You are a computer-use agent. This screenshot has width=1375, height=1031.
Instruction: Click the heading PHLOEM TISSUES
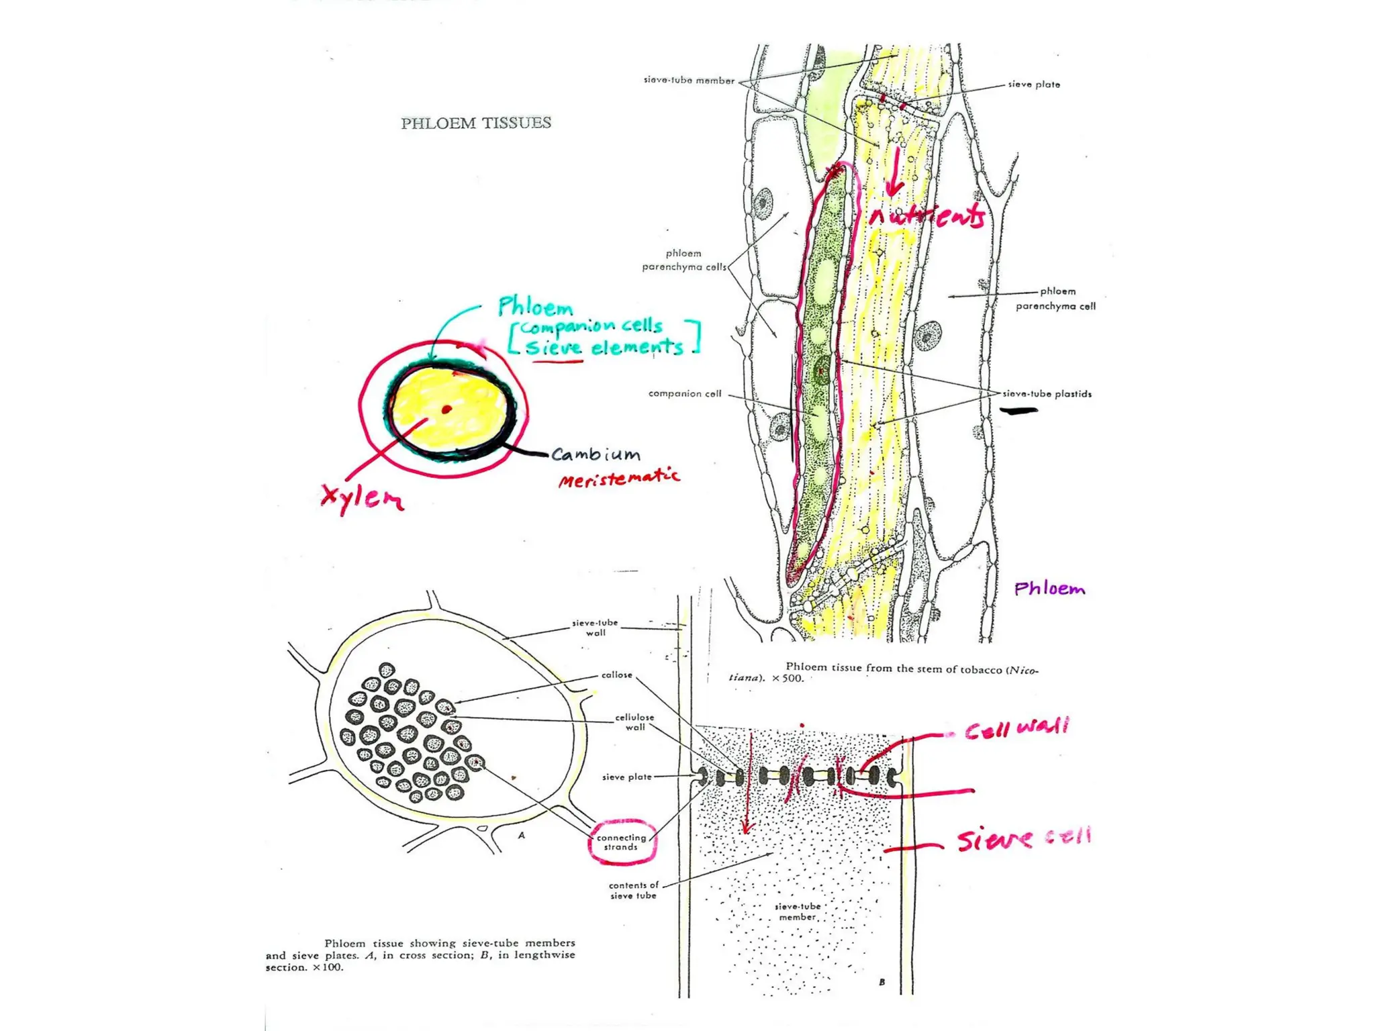click(476, 123)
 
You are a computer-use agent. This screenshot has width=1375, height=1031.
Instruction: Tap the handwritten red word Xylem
click(362, 498)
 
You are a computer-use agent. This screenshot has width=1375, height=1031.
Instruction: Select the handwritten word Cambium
click(596, 454)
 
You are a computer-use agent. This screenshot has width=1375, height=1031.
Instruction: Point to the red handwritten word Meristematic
click(618, 478)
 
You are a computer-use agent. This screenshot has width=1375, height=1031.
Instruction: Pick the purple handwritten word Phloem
click(1049, 589)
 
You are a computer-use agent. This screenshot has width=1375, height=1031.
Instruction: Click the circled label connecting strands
click(621, 842)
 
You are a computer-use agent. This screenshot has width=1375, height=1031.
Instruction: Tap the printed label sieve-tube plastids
click(1047, 394)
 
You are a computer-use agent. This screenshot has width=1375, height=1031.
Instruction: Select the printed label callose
click(616, 675)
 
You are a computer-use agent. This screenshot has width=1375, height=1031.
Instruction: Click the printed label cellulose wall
click(634, 722)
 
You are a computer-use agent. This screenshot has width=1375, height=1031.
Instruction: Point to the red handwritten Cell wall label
click(1016, 728)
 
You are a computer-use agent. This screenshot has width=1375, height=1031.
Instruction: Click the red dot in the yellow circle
click(446, 409)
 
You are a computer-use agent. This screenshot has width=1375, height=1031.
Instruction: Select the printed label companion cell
click(684, 393)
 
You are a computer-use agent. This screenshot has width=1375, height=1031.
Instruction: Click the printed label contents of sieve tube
click(633, 890)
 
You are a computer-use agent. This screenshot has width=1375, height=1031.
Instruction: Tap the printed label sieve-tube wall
click(595, 628)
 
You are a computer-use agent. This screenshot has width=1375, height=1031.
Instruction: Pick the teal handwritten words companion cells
click(591, 326)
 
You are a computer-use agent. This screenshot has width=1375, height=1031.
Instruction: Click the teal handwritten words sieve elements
click(604, 347)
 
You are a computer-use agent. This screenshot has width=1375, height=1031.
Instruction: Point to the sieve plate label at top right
click(1033, 85)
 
